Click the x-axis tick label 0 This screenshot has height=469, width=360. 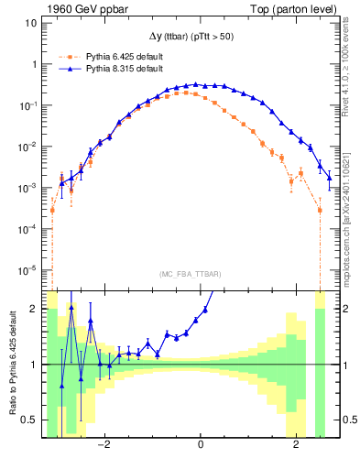click(200, 446)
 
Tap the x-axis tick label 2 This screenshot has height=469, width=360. click(296, 446)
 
